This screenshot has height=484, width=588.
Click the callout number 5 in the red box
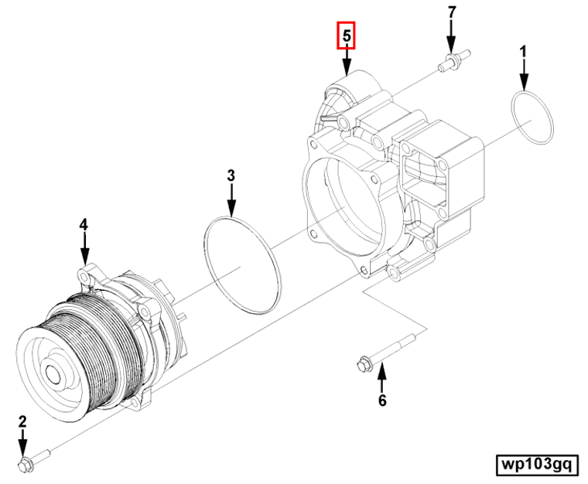pos(346,36)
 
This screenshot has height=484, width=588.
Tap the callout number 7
pos(451,13)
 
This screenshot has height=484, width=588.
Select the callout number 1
pos(524,53)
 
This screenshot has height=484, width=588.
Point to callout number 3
pos(231,176)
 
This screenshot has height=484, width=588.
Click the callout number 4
pos(84,224)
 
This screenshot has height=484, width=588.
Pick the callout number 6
pos(381,400)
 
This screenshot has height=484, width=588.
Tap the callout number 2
pos(22,421)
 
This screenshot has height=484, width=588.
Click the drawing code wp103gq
pos(536,464)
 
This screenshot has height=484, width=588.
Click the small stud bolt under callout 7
pos(450,63)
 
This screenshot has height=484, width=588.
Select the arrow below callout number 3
pos(231,201)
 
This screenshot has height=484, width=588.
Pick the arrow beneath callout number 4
pos(84,250)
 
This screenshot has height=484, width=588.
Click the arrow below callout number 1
pos(524,77)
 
